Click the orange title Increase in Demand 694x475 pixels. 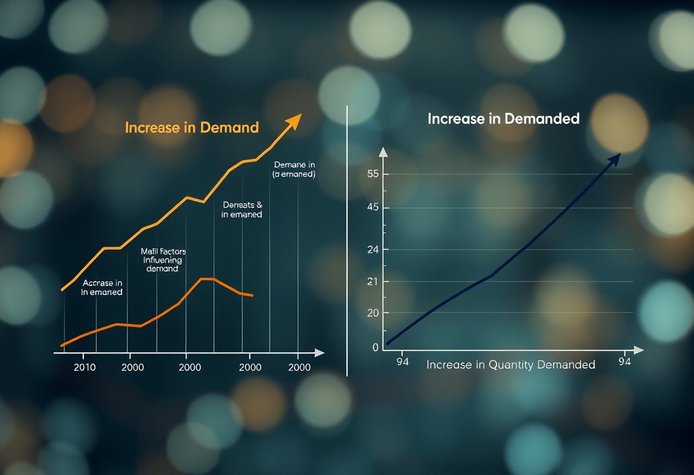click(x=192, y=127)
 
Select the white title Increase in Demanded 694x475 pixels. click(x=503, y=119)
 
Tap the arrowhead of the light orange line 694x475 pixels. click(x=294, y=120)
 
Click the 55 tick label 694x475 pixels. click(x=373, y=174)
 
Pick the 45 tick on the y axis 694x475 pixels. click(x=373, y=208)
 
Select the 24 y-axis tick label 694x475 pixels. click(x=373, y=249)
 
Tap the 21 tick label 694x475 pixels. click(x=373, y=281)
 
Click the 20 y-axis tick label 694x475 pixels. click(x=373, y=313)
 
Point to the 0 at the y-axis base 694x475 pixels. click(x=375, y=347)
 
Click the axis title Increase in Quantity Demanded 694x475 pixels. click(x=510, y=365)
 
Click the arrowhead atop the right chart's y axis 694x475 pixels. click(x=383, y=152)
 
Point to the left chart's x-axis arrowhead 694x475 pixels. click(x=319, y=353)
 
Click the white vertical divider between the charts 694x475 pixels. click(x=347, y=240)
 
